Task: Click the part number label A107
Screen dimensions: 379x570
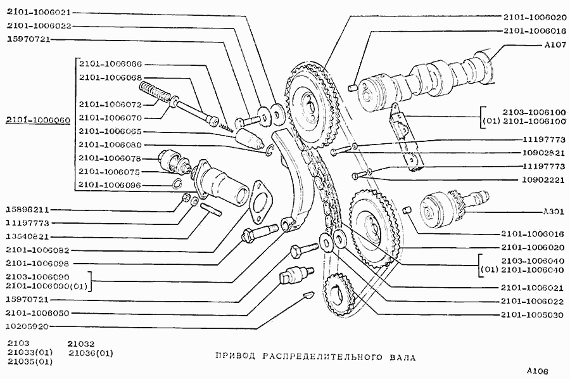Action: tap(555, 45)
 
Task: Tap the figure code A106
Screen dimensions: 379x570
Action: tap(536, 371)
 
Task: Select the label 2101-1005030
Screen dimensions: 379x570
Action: tap(533, 314)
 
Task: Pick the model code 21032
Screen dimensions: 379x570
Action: tap(82, 344)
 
